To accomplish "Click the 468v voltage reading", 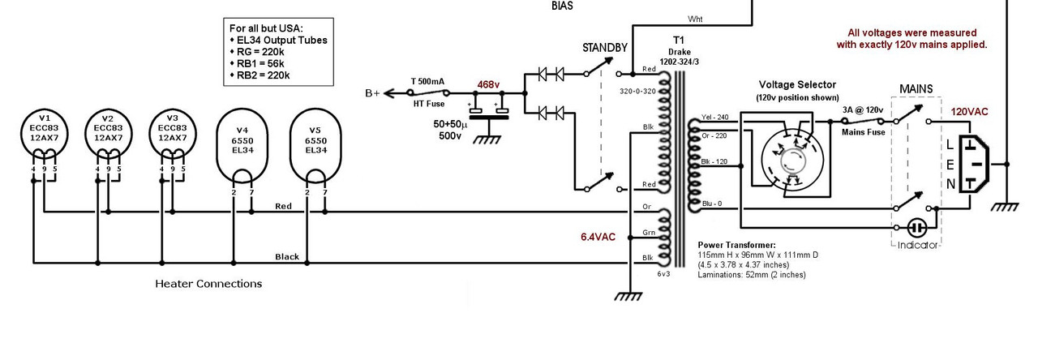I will (x=488, y=84).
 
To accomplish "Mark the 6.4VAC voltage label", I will (x=598, y=237).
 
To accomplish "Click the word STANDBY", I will (x=604, y=48).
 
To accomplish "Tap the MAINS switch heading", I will (x=915, y=88).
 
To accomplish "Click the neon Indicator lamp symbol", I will (x=917, y=227).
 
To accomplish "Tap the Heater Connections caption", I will (x=208, y=284).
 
